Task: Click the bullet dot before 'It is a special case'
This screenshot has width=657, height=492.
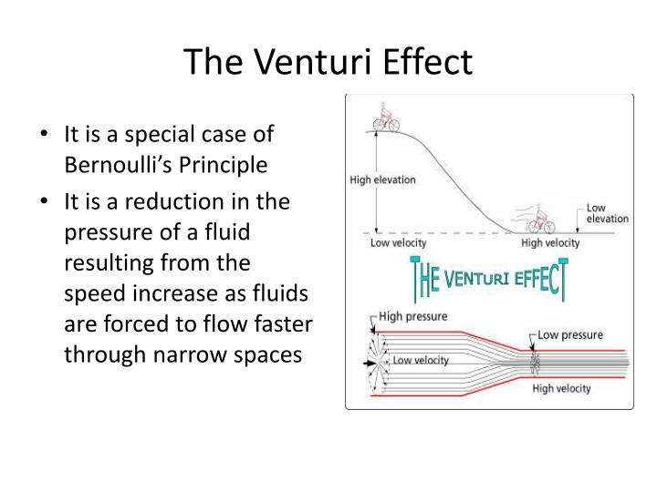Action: (47, 135)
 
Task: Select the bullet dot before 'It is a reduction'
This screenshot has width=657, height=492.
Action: (47, 201)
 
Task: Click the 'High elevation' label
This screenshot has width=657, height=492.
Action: (383, 179)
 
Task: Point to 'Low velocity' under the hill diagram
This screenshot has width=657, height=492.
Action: (398, 243)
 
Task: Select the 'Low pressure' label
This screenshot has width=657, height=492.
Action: (570, 334)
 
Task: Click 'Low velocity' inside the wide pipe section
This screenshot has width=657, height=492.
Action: (421, 360)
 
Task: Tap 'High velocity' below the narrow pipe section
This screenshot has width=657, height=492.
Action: (560, 388)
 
